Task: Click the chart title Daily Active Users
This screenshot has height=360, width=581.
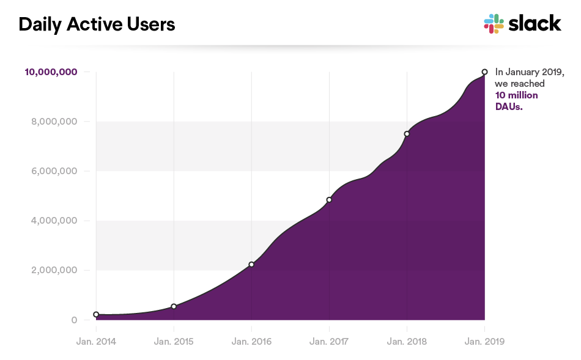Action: point(97,24)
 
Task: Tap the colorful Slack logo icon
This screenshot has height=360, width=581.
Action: point(494,24)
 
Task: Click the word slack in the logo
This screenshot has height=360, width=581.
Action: point(535,23)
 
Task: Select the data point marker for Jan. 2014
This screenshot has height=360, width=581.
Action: point(96,314)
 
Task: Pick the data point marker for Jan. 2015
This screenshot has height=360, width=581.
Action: point(174,306)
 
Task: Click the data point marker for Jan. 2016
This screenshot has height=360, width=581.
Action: point(251,265)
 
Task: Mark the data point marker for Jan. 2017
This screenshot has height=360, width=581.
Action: point(329,200)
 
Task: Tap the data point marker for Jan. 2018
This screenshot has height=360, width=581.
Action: point(407,134)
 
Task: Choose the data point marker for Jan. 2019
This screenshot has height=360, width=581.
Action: point(484,72)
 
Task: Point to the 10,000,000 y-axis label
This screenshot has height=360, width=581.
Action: point(51,72)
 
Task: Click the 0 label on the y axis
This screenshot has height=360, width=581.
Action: point(74,320)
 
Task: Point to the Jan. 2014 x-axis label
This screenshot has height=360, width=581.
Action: point(96,341)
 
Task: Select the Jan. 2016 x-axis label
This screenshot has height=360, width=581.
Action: point(251,341)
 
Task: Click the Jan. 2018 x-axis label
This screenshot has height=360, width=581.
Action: point(407,341)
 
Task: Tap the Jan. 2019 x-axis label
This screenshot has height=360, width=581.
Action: point(484,341)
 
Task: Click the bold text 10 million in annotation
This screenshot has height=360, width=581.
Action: point(516,95)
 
